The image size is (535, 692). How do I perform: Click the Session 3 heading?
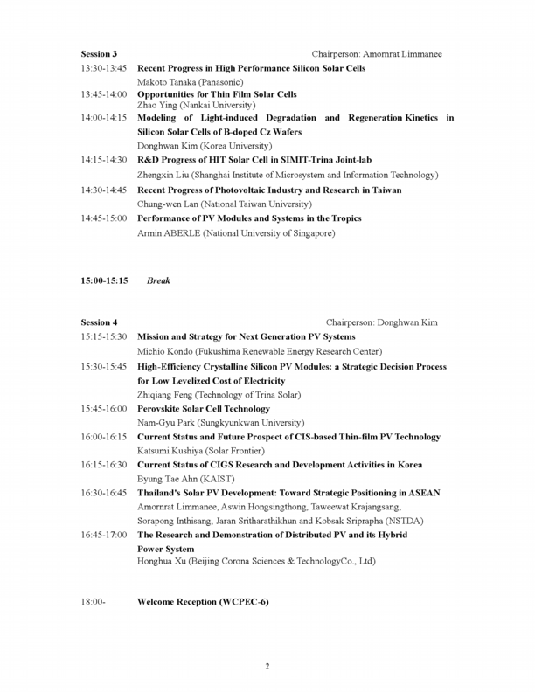(99, 54)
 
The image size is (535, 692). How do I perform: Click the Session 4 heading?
(99, 322)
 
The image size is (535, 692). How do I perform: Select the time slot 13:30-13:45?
(104, 68)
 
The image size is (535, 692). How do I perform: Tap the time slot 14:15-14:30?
(104, 161)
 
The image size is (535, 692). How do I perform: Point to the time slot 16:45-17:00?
(104, 534)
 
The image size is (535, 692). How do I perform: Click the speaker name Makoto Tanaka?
(171, 82)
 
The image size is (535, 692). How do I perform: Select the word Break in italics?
(158, 281)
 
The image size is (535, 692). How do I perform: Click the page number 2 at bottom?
(267, 667)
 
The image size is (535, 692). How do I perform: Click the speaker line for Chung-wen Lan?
(226, 204)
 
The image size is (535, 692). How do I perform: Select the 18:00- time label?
(93, 603)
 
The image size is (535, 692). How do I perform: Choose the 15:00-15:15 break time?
(104, 281)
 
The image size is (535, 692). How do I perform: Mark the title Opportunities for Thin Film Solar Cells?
(217, 93)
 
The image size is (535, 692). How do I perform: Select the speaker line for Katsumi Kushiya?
(206, 451)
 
